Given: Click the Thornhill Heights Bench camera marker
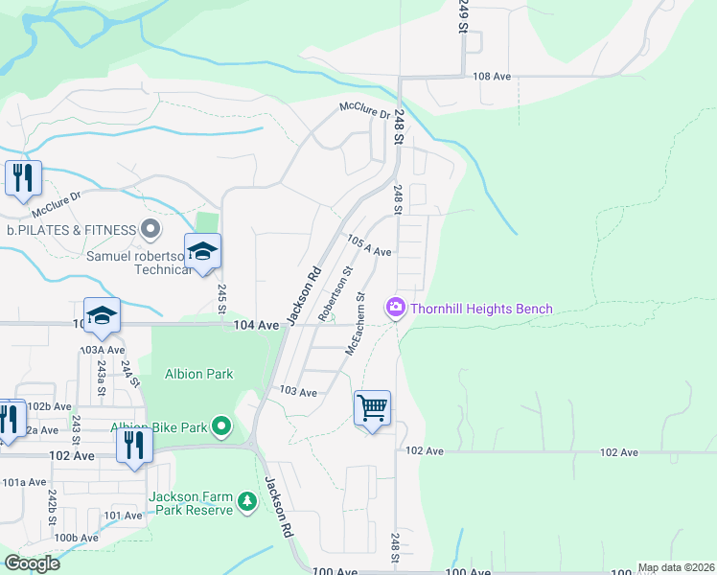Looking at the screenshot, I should pos(395,308).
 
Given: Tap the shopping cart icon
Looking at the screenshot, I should pos(372,408).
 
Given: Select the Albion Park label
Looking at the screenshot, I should pos(199,374).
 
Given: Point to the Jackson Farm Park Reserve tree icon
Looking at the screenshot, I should pos(248,501).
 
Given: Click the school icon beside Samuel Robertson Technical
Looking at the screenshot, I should pos(202,252).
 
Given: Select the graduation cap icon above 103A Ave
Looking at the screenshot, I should pos(103,315).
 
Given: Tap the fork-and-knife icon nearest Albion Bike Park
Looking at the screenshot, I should pos(133,445).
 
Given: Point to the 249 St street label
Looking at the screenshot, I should pos(462,16).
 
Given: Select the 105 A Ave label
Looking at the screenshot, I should pos(368,245).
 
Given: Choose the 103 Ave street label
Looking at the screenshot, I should pos(297,392).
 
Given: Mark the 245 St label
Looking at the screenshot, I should pos(220,299).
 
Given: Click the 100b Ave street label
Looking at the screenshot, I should pos(77,538).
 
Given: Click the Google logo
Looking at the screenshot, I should pos(32,563).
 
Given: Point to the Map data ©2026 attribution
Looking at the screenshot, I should pos(676,567).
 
